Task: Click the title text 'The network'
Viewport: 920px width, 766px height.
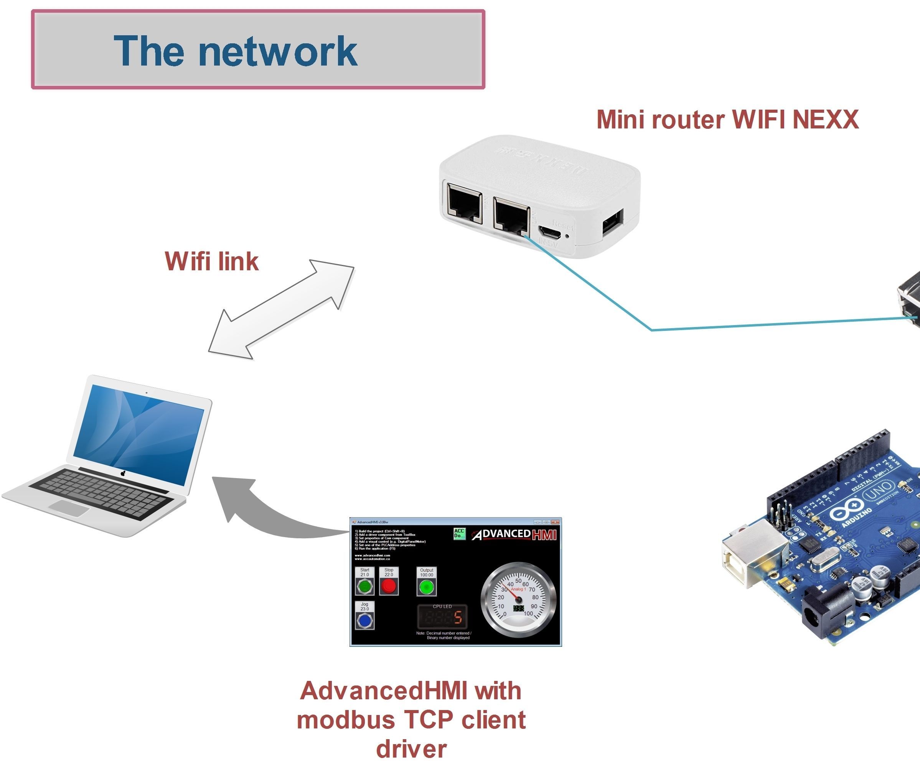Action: coord(236,51)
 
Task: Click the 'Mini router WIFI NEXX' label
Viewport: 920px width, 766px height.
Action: coord(727,120)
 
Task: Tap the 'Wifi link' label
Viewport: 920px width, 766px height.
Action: coord(212,261)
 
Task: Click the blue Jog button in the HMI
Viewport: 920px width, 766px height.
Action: coord(364,620)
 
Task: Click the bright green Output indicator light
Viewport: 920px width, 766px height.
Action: coord(426,587)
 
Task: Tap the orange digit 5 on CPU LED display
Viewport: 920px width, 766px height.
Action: coord(458,617)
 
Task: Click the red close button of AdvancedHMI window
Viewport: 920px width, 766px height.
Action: coord(555,522)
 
